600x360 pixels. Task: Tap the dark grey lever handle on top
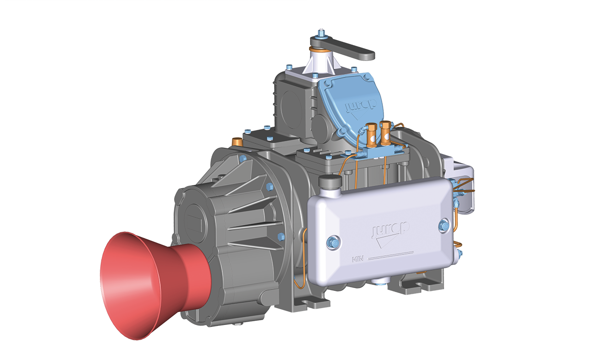[343, 48]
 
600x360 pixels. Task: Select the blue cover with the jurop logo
[351, 107]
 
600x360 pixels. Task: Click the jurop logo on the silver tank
[390, 234]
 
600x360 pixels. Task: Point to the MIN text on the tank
[358, 259]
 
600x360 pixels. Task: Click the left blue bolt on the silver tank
[334, 243]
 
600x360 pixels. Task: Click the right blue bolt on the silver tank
[444, 226]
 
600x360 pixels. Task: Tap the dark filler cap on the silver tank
[330, 181]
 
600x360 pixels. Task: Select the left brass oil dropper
[371, 135]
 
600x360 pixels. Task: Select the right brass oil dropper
[386, 133]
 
